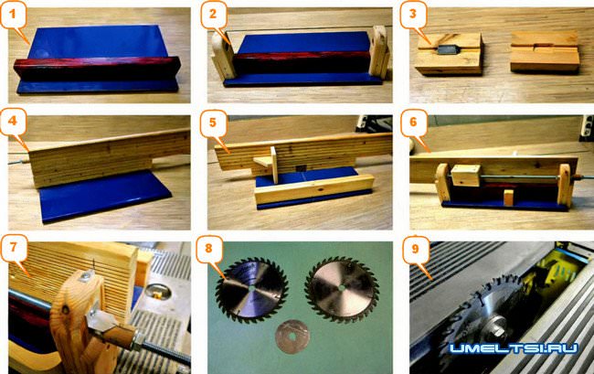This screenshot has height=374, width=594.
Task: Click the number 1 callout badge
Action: coord(13,16)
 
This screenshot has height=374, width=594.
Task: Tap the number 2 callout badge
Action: coord(213,16)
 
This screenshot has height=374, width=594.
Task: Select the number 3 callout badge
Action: coord(413,16)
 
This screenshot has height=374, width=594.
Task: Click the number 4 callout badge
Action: coord(13,122)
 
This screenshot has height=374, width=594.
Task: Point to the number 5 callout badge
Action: coord(213,123)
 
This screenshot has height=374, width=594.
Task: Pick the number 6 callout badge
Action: coord(413,123)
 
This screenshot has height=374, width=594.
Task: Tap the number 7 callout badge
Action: coord(14,248)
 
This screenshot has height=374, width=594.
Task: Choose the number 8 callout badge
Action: coord(208,250)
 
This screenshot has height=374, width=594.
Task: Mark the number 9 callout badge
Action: coord(416,250)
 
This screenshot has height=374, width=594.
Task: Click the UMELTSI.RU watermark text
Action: coord(514,347)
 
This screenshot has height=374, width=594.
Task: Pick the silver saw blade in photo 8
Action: coord(342,290)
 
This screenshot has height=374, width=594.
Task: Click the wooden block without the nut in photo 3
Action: coord(545,52)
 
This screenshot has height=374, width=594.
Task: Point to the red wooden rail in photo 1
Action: coord(98,69)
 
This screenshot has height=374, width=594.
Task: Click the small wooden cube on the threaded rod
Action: coord(466,175)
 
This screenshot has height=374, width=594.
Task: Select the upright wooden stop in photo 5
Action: coord(273,165)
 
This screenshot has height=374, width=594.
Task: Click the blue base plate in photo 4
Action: coord(104,196)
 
